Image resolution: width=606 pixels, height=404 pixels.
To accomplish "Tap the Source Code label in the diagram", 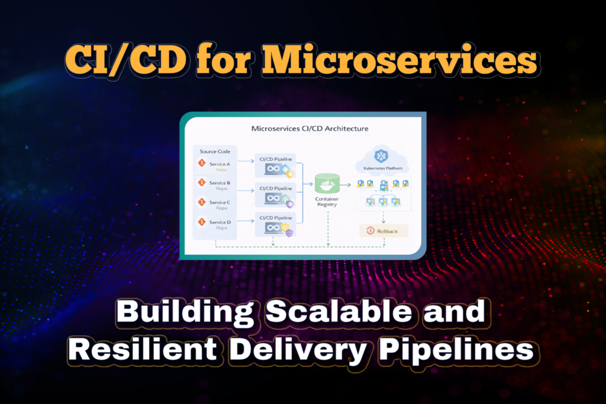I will pos(211,151).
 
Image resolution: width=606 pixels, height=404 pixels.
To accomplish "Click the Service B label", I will pos(220,183).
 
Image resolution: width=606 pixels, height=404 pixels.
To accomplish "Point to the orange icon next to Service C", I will pos(202,203).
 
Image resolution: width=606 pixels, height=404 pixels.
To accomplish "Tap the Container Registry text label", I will pos(327,203).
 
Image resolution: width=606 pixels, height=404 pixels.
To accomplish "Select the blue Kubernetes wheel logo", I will pos(380,156).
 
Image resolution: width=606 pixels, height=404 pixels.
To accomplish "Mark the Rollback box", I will pos(383,231).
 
